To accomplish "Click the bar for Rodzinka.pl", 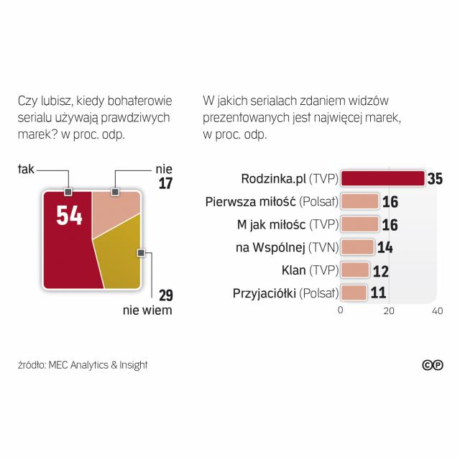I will (382, 179).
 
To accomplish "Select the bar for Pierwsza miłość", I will (359, 201).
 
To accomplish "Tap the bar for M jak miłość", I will (359, 224).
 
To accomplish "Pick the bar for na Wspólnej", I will (357, 247).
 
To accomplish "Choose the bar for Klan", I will (354, 270).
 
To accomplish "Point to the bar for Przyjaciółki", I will (354, 293).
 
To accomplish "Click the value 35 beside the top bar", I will (433, 179).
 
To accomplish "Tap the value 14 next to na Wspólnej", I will (385, 247).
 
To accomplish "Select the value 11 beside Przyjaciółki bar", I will (378, 293).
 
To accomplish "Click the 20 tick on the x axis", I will (389, 311).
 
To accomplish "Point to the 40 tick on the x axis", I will (436, 311).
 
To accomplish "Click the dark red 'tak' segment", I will (68, 252).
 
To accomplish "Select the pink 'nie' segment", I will (115, 212).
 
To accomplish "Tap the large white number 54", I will (70, 215).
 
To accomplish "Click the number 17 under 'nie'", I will (165, 183).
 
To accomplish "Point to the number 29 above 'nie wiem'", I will (165, 295).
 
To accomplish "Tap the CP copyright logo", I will (432, 365).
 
